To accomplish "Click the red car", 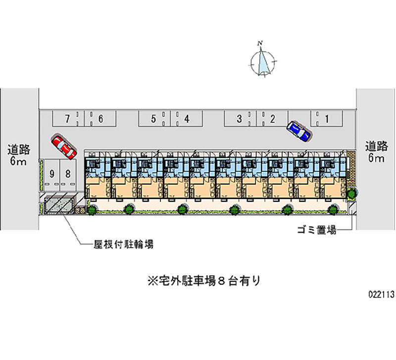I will click(x=63, y=146).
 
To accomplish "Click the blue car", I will click(x=298, y=131).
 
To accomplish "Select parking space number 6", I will click(x=100, y=118).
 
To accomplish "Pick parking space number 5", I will click(x=153, y=118).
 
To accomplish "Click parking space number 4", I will click(x=187, y=118).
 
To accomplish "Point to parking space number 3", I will click(x=239, y=118).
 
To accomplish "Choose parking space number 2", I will click(x=272, y=118).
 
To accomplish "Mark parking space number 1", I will click(x=327, y=118).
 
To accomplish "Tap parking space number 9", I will click(x=51, y=174).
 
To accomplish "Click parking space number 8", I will click(x=68, y=174).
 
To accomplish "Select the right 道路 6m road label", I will click(x=376, y=152).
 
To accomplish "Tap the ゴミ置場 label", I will click(x=317, y=230).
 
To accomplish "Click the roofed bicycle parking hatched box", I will click(x=59, y=205).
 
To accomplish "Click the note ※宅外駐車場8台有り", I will click(x=203, y=281).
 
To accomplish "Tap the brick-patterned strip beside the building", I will click(x=351, y=166).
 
